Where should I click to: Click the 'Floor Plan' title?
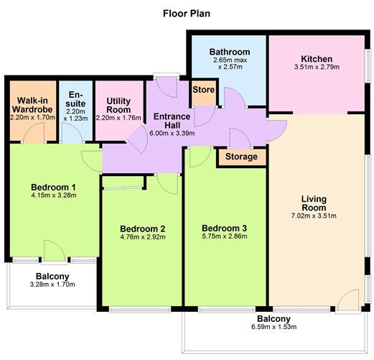[x=187, y=13]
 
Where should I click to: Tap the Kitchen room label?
[x=317, y=58]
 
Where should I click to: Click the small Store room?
[x=203, y=90]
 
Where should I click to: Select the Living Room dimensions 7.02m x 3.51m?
[x=317, y=215]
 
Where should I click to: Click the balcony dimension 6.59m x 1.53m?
[x=274, y=328]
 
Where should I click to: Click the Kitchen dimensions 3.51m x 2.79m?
[x=317, y=68]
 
